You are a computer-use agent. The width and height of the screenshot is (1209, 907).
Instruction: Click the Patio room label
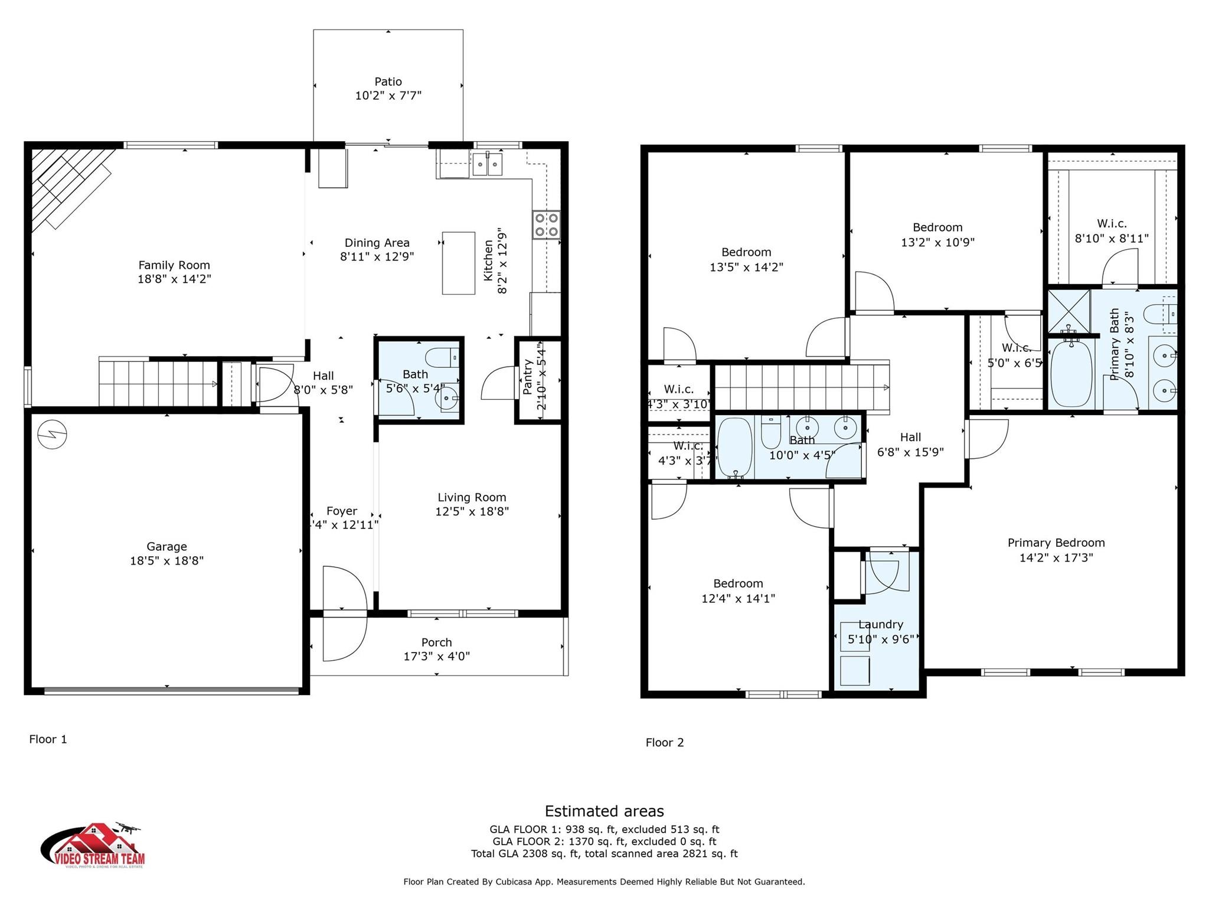tap(388, 81)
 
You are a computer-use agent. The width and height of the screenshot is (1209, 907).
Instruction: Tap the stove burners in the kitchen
tap(546, 224)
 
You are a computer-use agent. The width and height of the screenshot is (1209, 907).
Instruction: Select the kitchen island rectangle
tap(459, 263)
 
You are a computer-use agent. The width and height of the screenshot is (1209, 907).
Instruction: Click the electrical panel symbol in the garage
tap(52, 435)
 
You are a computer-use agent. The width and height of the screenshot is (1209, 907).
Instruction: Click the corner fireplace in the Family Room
tap(68, 186)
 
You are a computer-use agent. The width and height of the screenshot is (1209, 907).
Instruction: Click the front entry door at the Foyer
tap(344, 614)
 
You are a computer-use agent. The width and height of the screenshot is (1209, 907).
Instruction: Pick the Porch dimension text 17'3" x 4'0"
tap(437, 656)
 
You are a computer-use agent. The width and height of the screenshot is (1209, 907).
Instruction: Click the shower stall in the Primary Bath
tap(1069, 311)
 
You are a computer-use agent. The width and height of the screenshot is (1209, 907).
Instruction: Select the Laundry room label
tap(881, 625)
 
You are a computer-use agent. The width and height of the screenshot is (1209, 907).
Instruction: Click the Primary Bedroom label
tap(1056, 543)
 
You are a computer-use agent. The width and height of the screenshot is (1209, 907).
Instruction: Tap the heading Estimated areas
tap(604, 811)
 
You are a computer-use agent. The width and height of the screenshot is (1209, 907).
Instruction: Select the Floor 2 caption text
tap(665, 742)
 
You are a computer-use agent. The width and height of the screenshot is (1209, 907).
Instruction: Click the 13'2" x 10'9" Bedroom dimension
tap(937, 242)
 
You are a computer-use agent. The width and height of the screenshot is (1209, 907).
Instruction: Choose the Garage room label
tap(166, 547)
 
